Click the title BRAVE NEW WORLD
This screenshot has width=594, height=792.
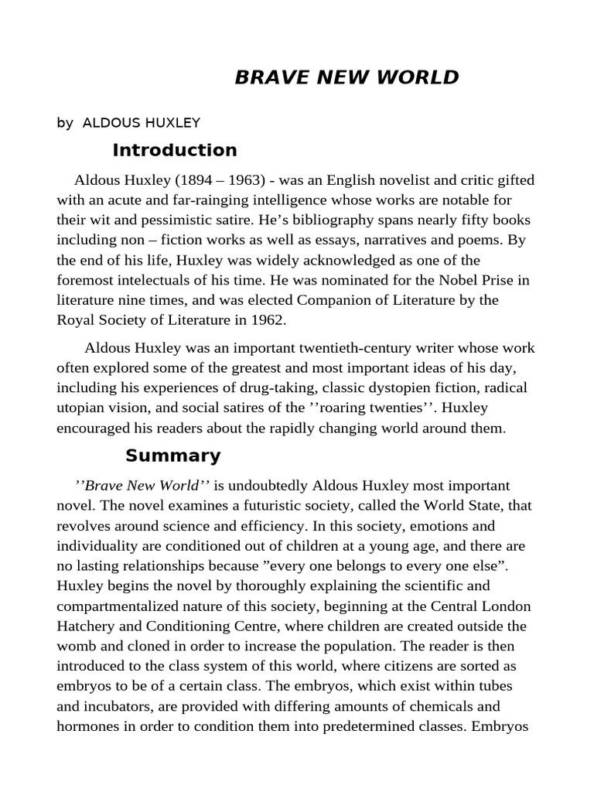click(x=346, y=77)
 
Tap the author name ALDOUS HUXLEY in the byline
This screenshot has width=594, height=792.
click(x=142, y=122)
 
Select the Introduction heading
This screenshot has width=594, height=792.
click(x=174, y=150)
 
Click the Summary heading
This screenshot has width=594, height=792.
click(x=172, y=456)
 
